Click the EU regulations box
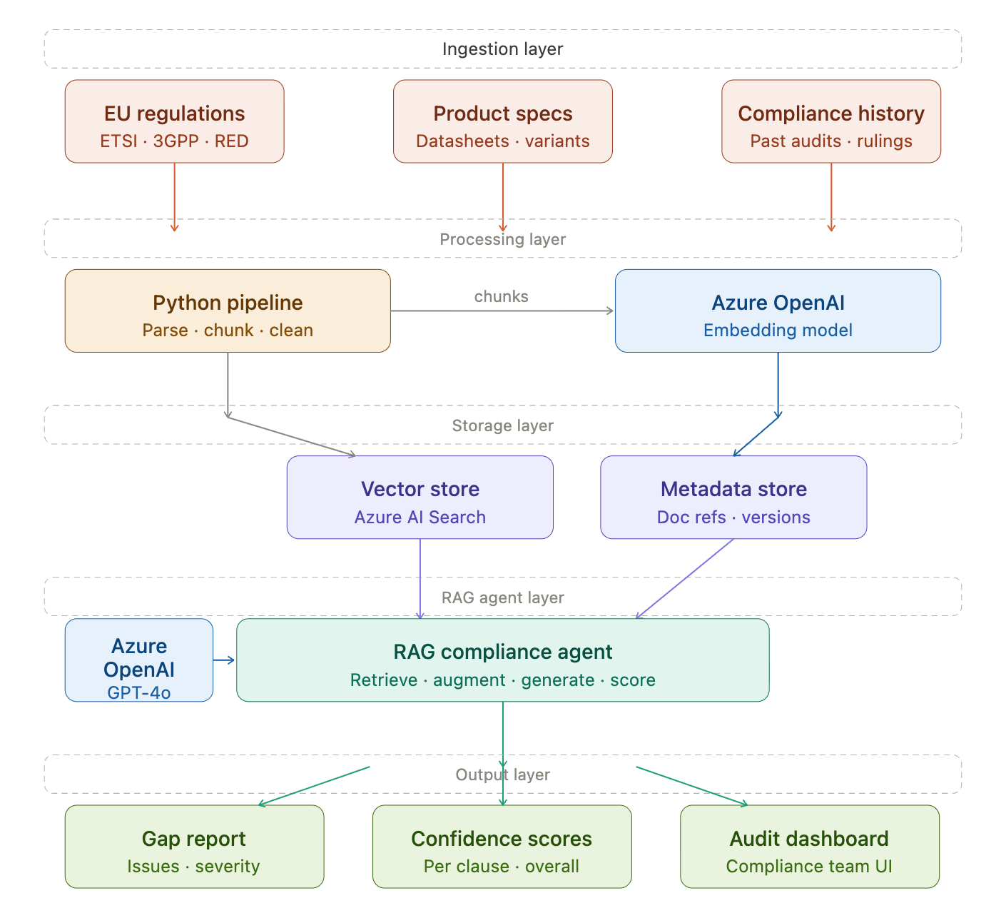[x=174, y=121]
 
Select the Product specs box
[x=502, y=121]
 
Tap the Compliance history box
[x=830, y=121]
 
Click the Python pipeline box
[x=227, y=311]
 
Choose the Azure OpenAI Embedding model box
[x=778, y=311]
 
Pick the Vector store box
[x=420, y=498]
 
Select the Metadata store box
[x=733, y=498]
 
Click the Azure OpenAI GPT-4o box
[x=139, y=660]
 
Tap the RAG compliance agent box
[x=502, y=660]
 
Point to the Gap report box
[x=194, y=847]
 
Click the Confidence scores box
[x=502, y=847]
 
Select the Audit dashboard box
[x=809, y=847]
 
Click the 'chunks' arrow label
[x=501, y=296]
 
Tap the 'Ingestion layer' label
[x=502, y=49]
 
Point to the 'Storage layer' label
[x=502, y=425]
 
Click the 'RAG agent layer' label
[x=502, y=597]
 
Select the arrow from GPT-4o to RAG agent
[x=224, y=660]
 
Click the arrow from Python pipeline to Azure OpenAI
[x=502, y=311]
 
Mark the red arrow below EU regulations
[x=174, y=197]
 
